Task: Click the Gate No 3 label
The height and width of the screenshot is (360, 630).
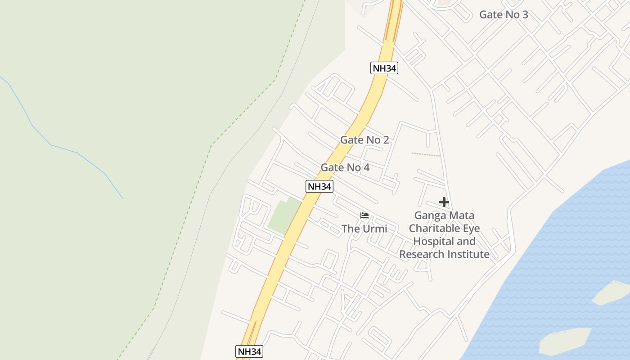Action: point(504,14)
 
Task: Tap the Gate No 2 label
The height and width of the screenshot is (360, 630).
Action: point(364,140)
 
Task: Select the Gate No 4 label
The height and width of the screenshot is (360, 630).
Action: point(345,167)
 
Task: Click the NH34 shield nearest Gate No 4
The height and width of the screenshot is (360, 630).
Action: point(319,186)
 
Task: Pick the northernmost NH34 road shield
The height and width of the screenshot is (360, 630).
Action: point(384,68)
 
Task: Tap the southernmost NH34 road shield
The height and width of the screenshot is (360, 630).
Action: point(249,351)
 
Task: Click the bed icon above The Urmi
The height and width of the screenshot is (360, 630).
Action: point(364,216)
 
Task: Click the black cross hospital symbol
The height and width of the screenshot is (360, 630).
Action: point(444,202)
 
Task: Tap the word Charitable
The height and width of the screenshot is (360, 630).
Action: point(432,228)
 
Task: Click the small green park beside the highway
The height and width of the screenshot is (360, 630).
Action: point(283,216)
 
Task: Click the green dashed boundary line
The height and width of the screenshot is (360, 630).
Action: point(243,112)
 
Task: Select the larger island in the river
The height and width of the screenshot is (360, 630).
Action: point(565,341)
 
